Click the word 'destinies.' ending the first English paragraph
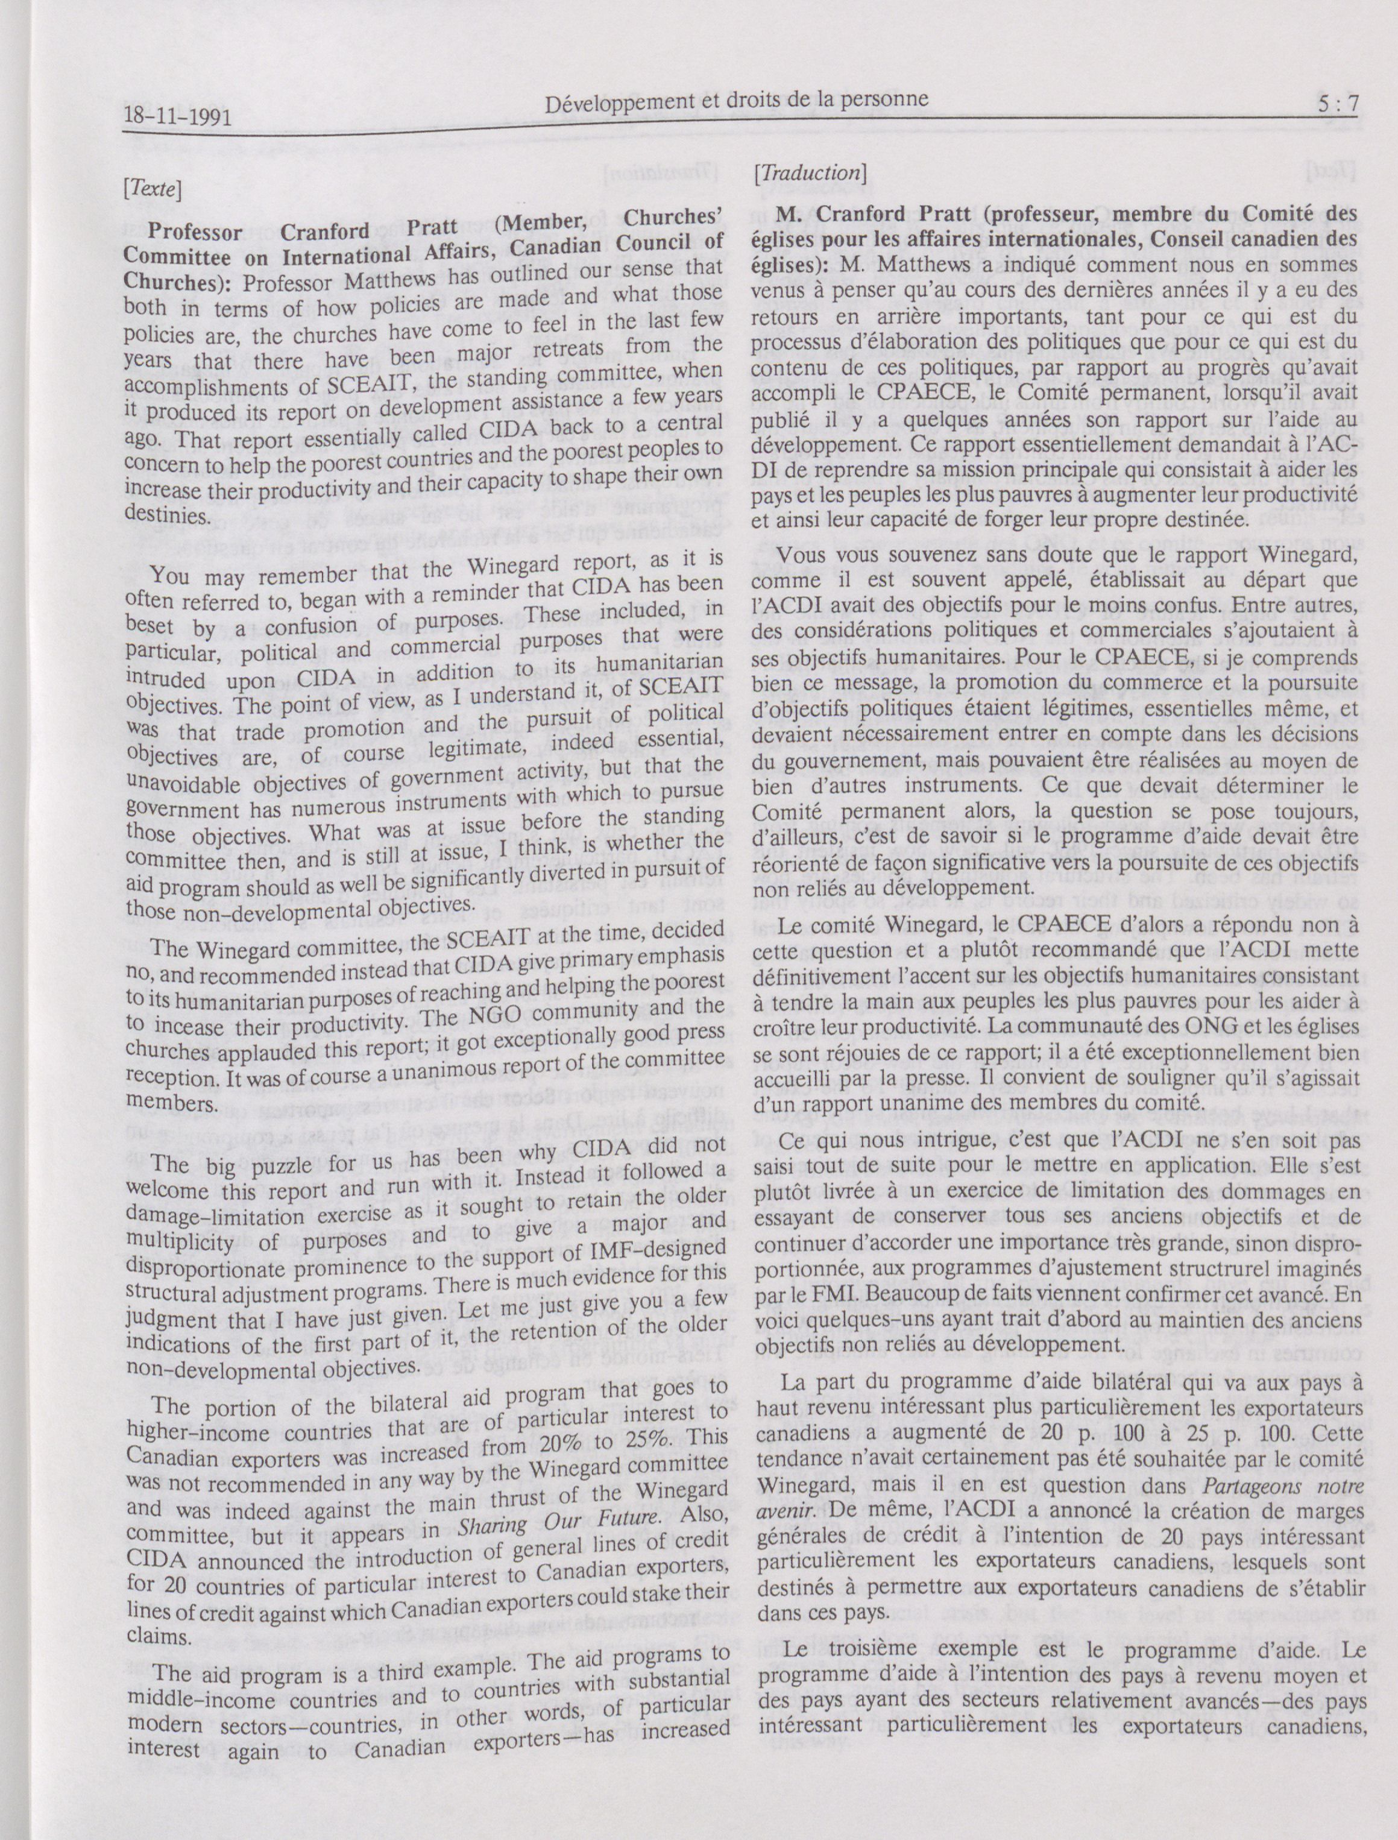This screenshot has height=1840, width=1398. pos(163,514)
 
